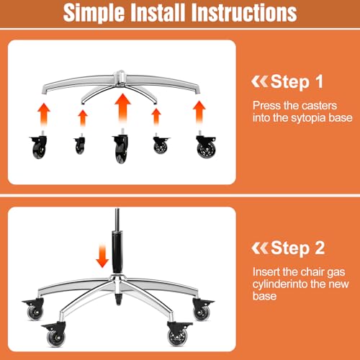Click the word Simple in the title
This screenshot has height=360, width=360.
pyautogui.click(x=94, y=13)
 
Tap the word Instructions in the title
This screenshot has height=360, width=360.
pyautogui.click(x=244, y=12)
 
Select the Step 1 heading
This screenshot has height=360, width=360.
pyautogui.click(x=297, y=81)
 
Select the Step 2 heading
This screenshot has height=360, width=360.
pyautogui.click(x=297, y=248)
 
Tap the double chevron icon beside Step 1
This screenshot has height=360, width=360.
pyautogui.click(x=259, y=81)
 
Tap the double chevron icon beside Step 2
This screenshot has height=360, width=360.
pyautogui.click(x=260, y=248)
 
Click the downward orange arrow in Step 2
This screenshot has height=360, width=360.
pyautogui.click(x=102, y=256)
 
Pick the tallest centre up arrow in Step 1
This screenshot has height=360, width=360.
pyautogui.click(x=122, y=109)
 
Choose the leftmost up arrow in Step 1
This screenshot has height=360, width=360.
pyautogui.click(x=44, y=114)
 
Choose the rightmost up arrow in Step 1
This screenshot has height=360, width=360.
pyautogui.click(x=199, y=112)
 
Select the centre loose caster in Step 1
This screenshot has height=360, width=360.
pyautogui.click(x=121, y=145)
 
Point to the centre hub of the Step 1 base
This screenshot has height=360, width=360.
pyautogui.click(x=121, y=78)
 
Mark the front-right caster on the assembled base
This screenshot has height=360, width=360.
pyautogui.click(x=178, y=333)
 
